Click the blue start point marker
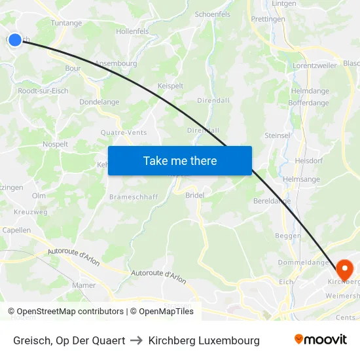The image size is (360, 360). coord(15,40)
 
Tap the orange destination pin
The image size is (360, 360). coord(344,269)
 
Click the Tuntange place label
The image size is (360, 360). coord(67,23)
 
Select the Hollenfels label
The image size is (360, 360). coord(132,31)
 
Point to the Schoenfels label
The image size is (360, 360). coord(213,14)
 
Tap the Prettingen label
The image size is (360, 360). coord(268,20)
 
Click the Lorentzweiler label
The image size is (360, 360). coord(314,66)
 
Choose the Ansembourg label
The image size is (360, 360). coord(116,63)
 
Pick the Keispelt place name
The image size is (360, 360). coord(170,85)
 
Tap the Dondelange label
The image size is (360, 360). coord(99,102)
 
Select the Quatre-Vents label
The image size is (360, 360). coord(124,132)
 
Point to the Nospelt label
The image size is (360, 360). coord(55,143)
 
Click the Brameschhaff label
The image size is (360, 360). coord(134,196)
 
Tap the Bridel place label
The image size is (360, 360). coord(195,195)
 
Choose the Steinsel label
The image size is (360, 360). coord(277,135)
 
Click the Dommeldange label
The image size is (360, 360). coord(303,262)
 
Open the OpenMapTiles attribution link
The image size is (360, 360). coord(162,312)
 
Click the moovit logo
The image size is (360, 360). coord(320,340)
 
